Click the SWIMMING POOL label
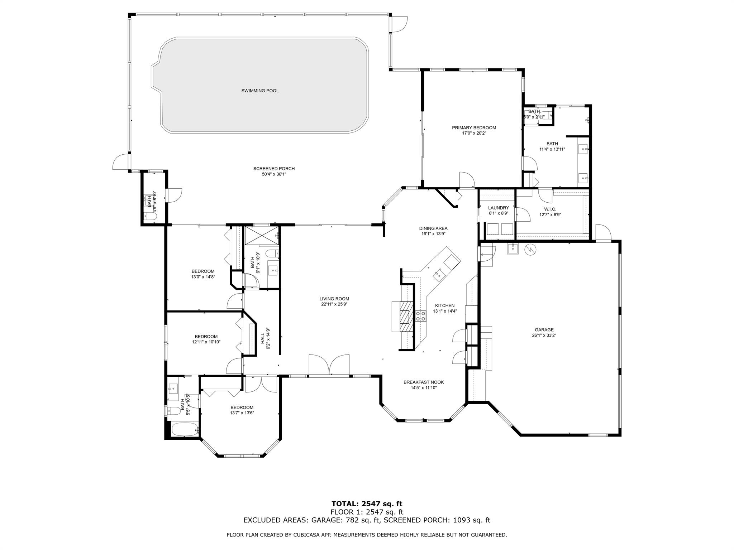point(260,91)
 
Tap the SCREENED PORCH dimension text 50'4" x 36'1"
point(274,174)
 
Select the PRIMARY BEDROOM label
point(474,128)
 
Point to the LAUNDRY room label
point(498,208)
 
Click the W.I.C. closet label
point(550,209)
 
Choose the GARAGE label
point(544,330)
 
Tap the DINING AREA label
point(433,228)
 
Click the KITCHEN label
point(445,305)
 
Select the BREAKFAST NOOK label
point(424,382)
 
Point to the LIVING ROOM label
point(334,299)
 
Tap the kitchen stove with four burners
point(420,316)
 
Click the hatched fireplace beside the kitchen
point(406,317)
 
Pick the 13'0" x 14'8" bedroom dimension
point(203,277)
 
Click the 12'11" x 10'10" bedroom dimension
point(206,342)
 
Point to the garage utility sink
point(513,249)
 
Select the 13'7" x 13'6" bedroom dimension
point(242,413)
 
